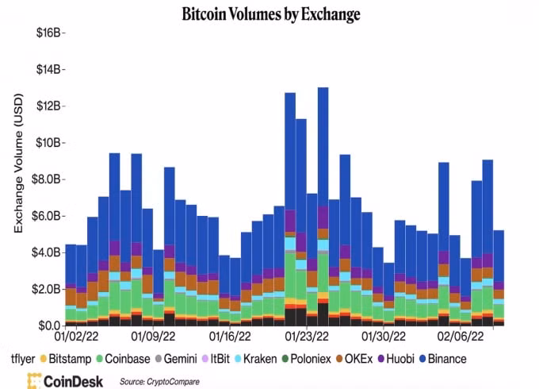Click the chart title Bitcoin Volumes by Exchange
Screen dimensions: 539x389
click(271, 14)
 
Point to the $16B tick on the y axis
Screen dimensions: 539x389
click(48, 33)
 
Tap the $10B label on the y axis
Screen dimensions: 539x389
click(48, 143)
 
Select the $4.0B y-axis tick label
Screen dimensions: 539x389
click(46, 252)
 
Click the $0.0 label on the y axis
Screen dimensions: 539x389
click(49, 325)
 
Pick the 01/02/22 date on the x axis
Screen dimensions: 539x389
click(76, 337)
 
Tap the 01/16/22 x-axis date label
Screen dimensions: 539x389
click(230, 337)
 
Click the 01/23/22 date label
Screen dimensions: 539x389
click(307, 337)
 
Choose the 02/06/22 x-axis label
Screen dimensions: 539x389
click(461, 337)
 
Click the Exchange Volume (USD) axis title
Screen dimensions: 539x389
click(18, 164)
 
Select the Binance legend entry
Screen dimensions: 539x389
click(443, 359)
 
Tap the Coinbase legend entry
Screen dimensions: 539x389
click(123, 359)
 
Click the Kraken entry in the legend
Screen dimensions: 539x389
click(256, 359)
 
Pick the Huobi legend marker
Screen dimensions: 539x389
click(381, 359)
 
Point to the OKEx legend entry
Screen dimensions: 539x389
click(354, 359)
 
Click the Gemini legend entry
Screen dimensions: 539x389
click(176, 359)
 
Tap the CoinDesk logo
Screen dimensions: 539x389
click(65, 381)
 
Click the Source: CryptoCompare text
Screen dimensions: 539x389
click(159, 381)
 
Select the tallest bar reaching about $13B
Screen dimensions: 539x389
click(323, 206)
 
